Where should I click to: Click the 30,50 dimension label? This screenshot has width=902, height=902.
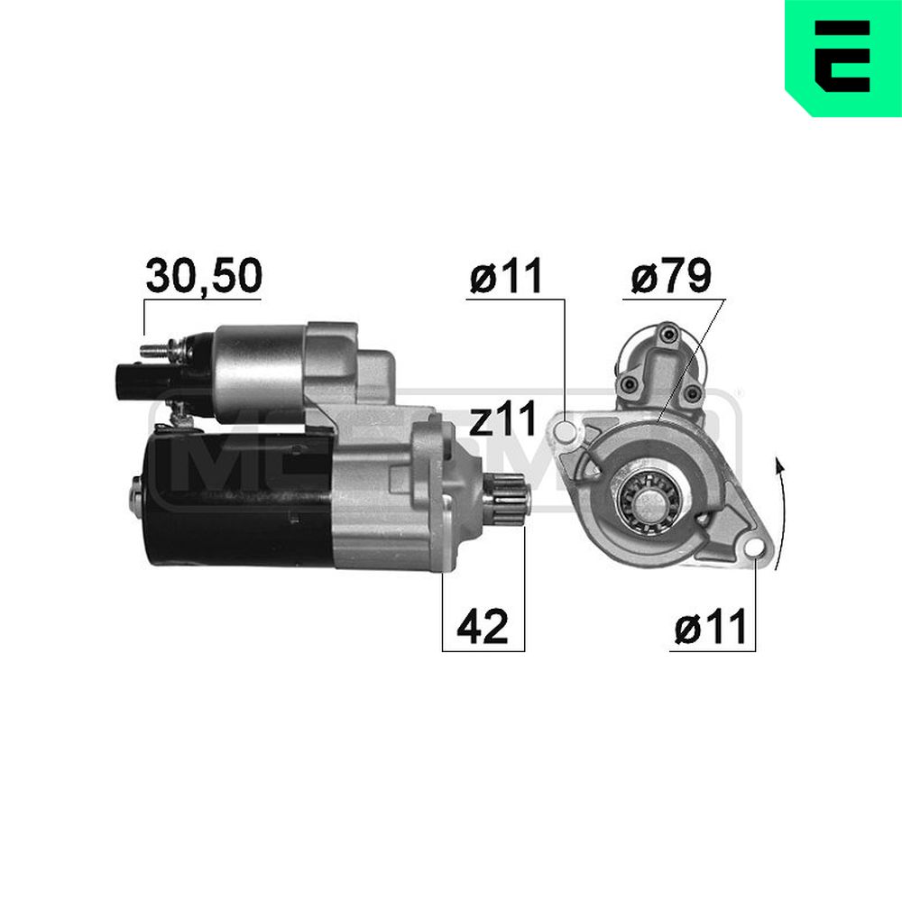coord(203,276)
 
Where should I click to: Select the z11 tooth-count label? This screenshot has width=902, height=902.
coord(503,419)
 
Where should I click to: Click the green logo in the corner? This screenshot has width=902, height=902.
coord(842,56)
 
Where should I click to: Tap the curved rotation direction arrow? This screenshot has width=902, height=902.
coord(781,514)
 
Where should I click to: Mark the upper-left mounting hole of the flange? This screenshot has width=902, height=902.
coord(566,429)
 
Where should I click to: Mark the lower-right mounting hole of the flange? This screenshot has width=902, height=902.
coord(753,547)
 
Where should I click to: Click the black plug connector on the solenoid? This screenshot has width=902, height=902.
coord(131,377)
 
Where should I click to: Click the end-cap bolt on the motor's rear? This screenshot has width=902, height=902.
coord(135,492)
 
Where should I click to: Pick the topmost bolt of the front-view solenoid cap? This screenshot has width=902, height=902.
coord(667,336)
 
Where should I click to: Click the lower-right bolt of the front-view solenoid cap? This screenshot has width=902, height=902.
coord(692,392)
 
